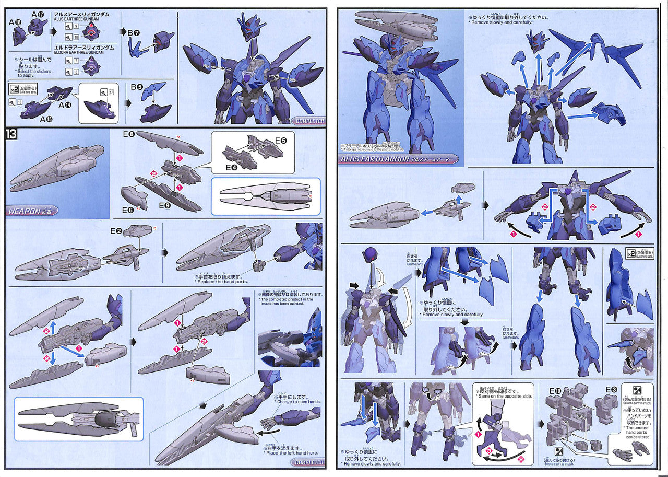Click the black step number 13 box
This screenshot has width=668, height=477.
[11, 134]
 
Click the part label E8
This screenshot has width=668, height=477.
[129, 134]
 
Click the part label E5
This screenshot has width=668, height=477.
[281, 141]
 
